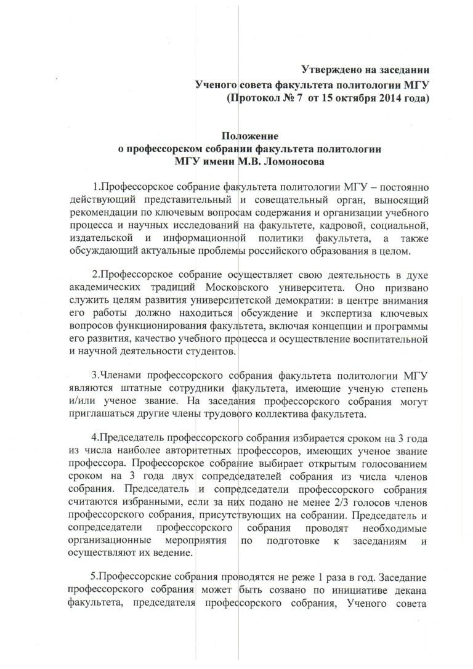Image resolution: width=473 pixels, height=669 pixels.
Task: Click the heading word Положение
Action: point(249,135)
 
